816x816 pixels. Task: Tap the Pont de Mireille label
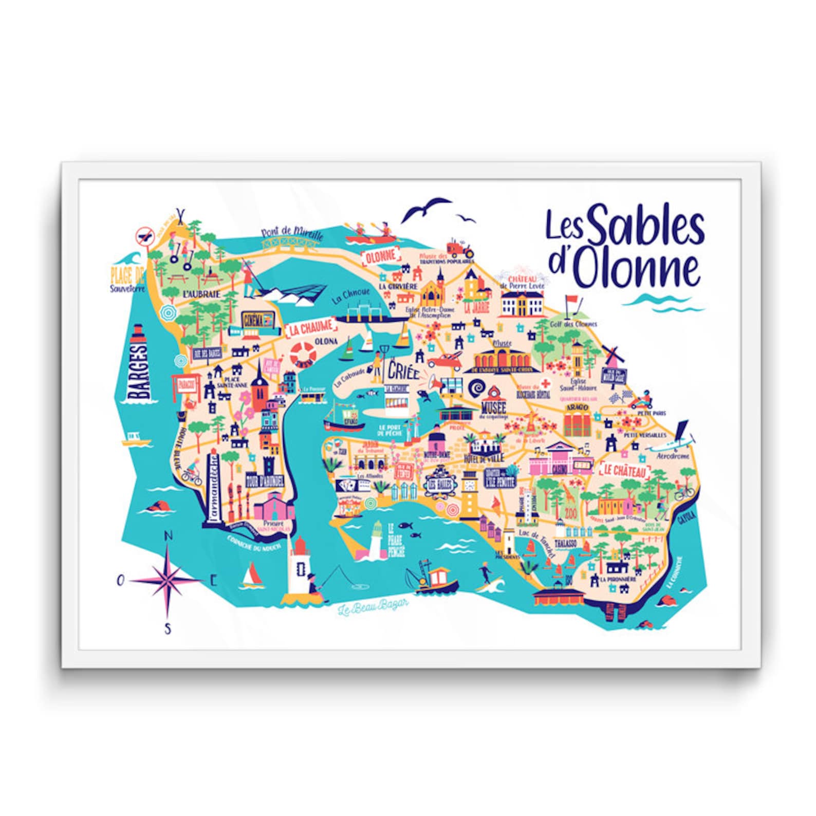(292, 234)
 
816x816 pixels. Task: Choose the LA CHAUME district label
(310, 328)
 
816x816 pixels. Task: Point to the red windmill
(612, 354)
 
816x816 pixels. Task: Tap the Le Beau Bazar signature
(373, 608)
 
